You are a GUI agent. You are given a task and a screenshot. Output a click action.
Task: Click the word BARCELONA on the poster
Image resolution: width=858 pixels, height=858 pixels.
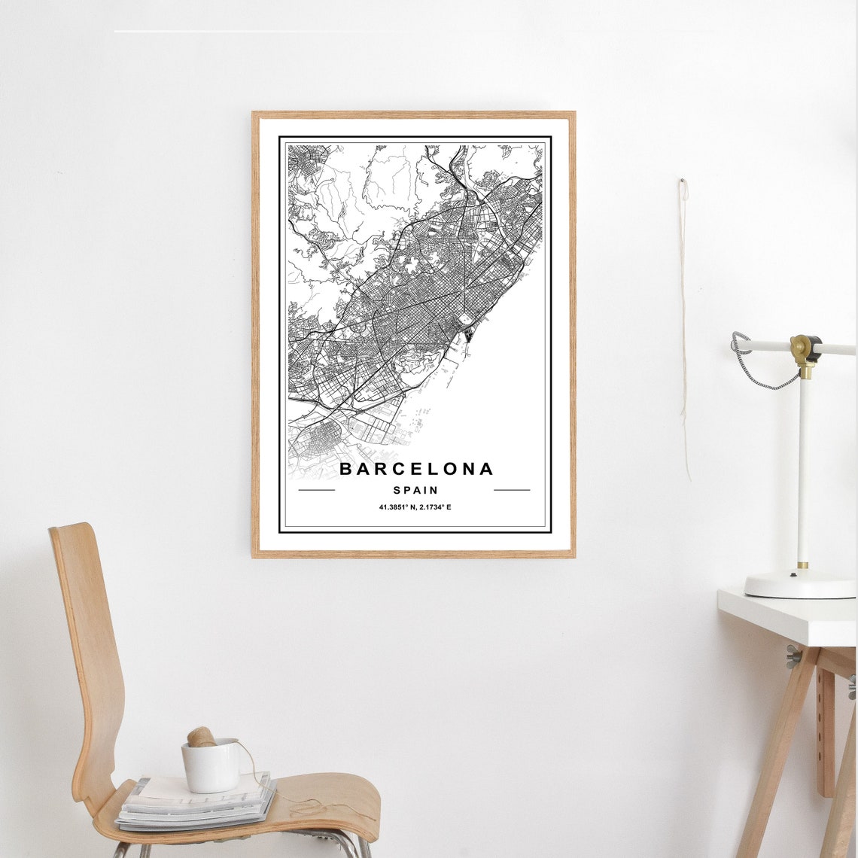[x=415, y=469]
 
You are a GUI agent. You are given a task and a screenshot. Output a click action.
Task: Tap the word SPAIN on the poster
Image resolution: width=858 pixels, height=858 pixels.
[x=415, y=490]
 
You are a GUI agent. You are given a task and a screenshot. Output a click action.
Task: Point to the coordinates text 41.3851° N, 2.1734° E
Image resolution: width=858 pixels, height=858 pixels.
[x=415, y=507]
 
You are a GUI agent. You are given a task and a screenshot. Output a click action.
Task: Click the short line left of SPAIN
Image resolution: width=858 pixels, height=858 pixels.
[x=316, y=490]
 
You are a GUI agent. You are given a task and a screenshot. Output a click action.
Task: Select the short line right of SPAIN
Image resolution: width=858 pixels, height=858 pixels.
[x=512, y=490]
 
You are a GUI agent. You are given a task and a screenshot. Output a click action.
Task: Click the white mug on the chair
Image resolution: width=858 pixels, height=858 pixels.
[x=211, y=766]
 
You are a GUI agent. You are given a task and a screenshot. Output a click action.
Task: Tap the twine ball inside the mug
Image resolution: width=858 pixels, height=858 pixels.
[x=201, y=737]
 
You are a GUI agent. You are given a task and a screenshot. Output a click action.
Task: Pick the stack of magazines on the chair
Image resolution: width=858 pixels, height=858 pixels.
[x=196, y=804]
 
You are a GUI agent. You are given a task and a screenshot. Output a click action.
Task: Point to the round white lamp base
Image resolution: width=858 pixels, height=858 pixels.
[x=799, y=584]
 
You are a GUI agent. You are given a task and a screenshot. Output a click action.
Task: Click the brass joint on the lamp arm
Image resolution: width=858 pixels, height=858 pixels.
[x=805, y=349]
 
